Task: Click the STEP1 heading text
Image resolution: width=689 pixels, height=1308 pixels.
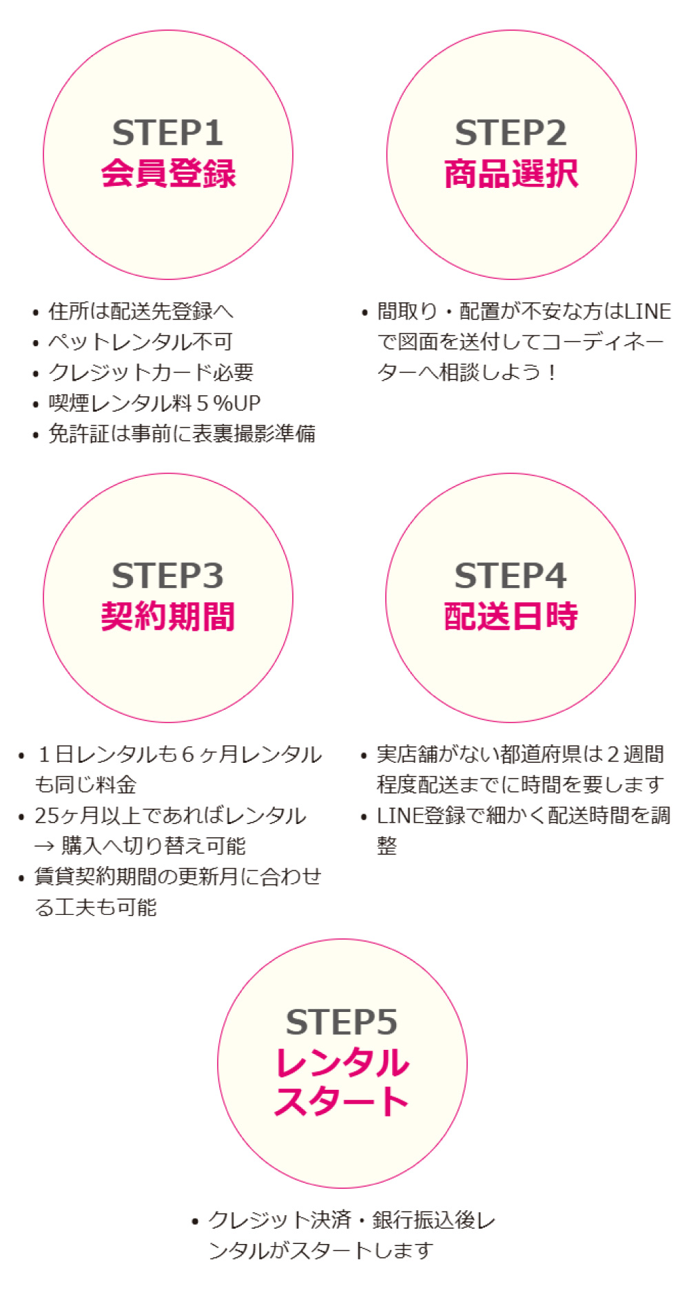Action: click(x=167, y=133)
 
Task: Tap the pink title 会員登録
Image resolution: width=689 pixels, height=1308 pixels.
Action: click(x=168, y=173)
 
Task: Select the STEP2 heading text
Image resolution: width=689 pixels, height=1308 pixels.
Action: click(x=511, y=133)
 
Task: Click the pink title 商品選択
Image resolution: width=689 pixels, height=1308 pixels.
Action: click(x=511, y=173)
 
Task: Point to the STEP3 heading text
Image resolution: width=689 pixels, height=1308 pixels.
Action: click(x=167, y=576)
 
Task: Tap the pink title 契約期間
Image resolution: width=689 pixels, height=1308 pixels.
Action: click(x=168, y=616)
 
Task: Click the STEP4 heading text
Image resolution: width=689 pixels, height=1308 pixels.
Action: click(x=510, y=576)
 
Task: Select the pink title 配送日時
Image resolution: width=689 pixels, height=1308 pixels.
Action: click(x=511, y=616)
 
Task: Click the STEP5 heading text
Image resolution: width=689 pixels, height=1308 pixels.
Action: click(x=342, y=1022)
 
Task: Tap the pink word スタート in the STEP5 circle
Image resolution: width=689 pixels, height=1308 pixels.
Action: click(x=342, y=1101)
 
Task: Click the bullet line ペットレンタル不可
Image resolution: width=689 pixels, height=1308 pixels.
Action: click(x=140, y=342)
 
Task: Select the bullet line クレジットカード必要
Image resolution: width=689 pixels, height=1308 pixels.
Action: click(x=150, y=372)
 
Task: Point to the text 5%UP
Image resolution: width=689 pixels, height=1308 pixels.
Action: click(x=229, y=403)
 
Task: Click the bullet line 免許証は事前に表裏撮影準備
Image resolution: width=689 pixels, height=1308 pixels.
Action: click(x=181, y=434)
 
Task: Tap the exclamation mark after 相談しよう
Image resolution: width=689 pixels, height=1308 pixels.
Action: click(x=552, y=372)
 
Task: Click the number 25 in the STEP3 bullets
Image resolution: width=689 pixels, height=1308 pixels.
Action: click(x=48, y=816)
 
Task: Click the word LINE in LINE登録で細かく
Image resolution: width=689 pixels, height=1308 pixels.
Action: click(x=400, y=816)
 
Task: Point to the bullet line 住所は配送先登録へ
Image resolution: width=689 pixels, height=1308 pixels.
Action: click(x=140, y=311)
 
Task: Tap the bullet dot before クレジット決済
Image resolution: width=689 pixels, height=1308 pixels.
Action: click(x=196, y=1222)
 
